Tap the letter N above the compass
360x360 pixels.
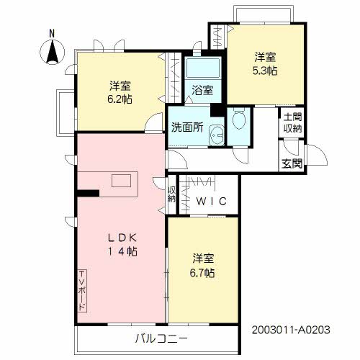52,33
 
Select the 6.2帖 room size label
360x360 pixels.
119,99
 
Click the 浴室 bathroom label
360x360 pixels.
202,91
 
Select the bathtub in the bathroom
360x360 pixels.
202,71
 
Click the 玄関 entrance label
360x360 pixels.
292,163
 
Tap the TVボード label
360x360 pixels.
82,289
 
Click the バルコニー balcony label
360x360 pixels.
161,338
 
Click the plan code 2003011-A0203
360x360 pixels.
290,329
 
